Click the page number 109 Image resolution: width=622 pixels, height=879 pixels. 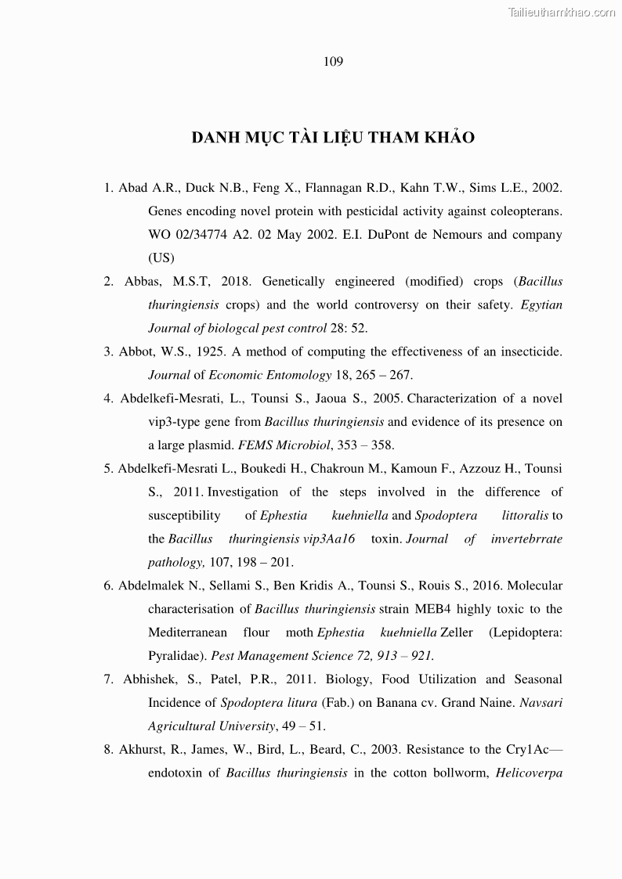pos(333,62)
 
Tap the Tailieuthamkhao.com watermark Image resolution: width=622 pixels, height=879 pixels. pos(562,12)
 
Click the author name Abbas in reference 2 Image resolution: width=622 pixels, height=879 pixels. pos(141,282)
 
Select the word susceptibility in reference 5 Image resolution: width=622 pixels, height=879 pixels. pos(184,516)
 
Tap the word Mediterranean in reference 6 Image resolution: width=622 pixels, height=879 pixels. pos(188,632)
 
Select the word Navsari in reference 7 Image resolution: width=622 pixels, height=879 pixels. pos(541,703)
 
